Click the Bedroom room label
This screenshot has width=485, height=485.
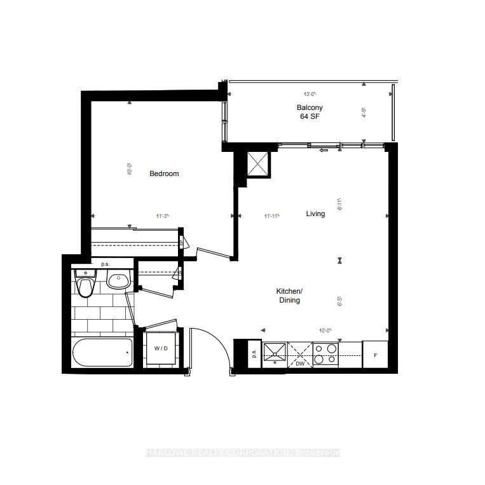pos(164,174)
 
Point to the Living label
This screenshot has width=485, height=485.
pos(315,214)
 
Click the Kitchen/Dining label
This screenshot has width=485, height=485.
pos(288,296)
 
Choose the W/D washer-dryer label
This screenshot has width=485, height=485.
pos(161,348)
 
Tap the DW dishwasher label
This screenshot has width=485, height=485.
pos(301,363)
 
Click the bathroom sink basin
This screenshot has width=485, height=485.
pos(118,280)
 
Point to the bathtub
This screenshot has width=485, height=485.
pos(102,352)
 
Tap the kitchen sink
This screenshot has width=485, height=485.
pos(276,352)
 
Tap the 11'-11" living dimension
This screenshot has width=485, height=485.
pos(271,216)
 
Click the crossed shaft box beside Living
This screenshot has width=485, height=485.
pos(258,163)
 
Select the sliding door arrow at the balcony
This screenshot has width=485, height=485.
pos(324,150)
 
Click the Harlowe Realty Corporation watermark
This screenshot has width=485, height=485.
pos(242,453)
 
